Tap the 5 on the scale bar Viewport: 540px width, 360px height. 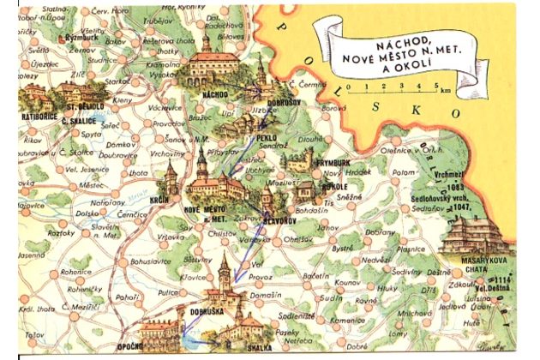pyautogui.click(x=436, y=87)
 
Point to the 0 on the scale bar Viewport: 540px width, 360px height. pyautogui.click(x=364, y=87)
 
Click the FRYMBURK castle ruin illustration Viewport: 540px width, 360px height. pyautogui.click(x=303, y=159)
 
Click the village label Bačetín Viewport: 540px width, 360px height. pyautogui.click(x=316, y=276)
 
